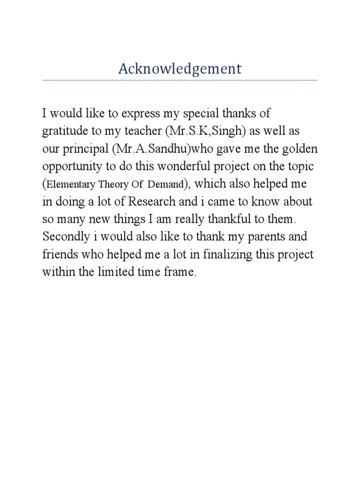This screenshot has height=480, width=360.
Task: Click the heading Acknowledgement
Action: [x=180, y=69]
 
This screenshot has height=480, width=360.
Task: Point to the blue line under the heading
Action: [x=180, y=80]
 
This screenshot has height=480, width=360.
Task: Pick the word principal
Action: [x=85, y=149]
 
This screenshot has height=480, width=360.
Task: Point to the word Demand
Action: [x=166, y=185]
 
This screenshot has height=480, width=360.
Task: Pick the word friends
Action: [x=59, y=255]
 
